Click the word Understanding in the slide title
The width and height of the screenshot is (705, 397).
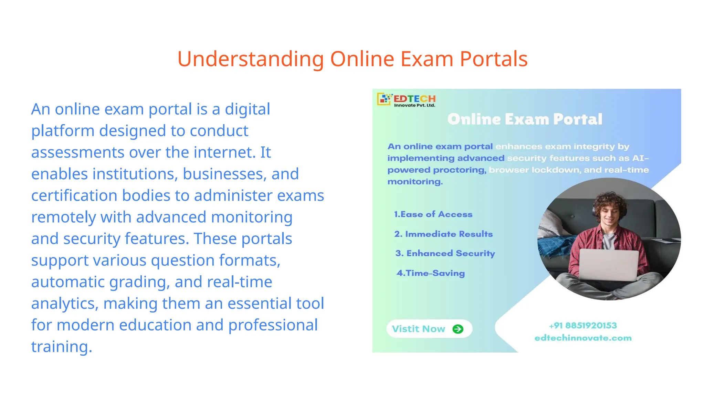251,59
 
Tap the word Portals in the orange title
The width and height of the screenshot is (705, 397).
494,59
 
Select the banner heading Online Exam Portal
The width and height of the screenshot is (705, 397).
525,119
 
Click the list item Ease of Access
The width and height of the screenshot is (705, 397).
433,214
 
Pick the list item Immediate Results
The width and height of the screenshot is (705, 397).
444,234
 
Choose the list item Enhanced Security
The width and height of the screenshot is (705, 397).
445,254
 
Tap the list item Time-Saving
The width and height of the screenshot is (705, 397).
431,273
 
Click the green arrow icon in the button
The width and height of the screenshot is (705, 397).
458,329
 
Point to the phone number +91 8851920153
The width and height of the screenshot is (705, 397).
583,326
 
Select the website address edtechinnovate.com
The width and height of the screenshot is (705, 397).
583,338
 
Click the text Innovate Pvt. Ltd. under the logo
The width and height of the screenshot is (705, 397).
414,105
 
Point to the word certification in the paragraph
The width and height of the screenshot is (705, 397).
74,196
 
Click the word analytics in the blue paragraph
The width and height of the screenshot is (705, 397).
65,304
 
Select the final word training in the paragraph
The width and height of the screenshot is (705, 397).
61,347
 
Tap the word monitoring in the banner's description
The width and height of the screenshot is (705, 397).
415,182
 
